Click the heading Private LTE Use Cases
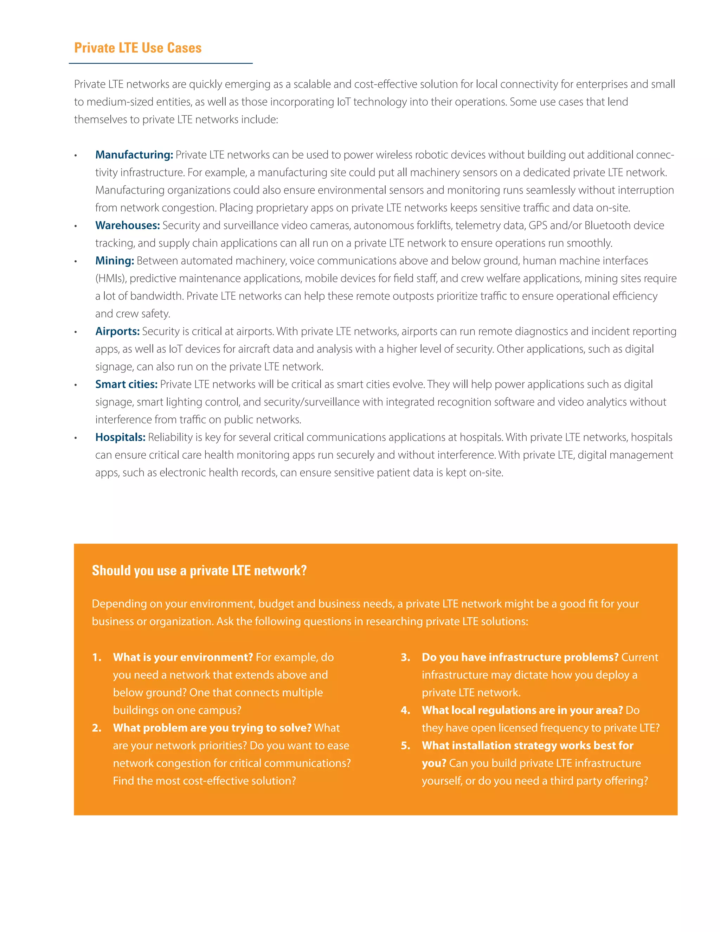pyautogui.click(x=138, y=48)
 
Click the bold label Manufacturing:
pyautogui.click(x=134, y=155)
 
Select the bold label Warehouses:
pyautogui.click(x=128, y=225)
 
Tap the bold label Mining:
pyautogui.click(x=115, y=261)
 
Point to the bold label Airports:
pyautogui.click(x=117, y=332)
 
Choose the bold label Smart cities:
pyautogui.click(x=126, y=384)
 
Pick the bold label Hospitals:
pyautogui.click(x=120, y=438)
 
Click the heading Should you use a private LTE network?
pyautogui.click(x=199, y=570)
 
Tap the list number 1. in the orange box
pyautogui.click(x=97, y=657)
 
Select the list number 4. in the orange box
pyautogui.click(x=405, y=710)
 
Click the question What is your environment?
pyautogui.click(x=183, y=657)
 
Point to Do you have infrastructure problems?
pyautogui.click(x=520, y=657)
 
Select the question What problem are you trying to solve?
pyautogui.click(x=212, y=728)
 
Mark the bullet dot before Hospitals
pyautogui.click(x=76, y=438)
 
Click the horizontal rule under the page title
pyautogui.click(x=160, y=64)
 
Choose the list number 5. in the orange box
pyautogui.click(x=405, y=746)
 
